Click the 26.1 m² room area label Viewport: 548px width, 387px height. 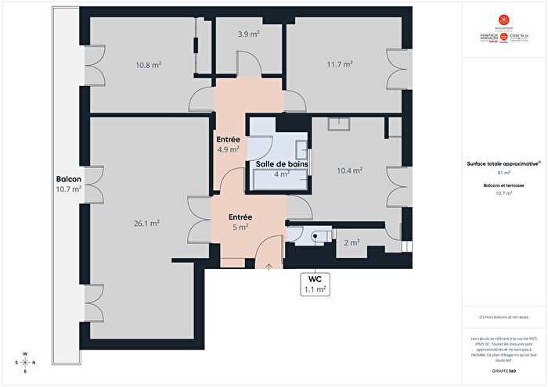tap(146, 223)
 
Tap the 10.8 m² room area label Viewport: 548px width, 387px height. tap(148, 65)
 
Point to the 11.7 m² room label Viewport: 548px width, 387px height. tap(339, 64)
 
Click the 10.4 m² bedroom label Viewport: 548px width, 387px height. tap(350, 170)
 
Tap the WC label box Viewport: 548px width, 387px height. tap(315, 283)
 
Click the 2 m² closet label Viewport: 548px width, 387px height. tap(352, 242)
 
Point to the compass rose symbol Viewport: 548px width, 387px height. tap(26, 362)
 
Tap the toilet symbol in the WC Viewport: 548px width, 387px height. tap(317, 235)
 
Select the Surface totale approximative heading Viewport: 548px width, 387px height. tap(504, 163)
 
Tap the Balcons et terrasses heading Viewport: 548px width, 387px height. tap(504, 185)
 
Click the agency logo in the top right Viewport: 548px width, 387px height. tap(504, 31)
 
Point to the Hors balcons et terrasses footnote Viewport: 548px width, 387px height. tap(504, 317)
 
